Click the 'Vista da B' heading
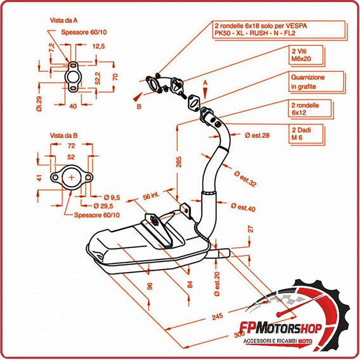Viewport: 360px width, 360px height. (x=64, y=135)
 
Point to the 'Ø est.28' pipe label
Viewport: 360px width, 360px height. (x=257, y=135)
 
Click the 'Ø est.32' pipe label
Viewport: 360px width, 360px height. (x=245, y=178)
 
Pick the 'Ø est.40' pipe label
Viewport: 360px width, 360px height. (x=243, y=207)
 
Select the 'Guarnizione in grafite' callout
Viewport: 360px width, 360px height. (x=307, y=81)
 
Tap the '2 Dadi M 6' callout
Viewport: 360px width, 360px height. (x=301, y=134)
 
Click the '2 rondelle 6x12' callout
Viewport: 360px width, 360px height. (x=305, y=108)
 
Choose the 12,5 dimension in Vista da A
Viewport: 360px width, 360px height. (x=98, y=46)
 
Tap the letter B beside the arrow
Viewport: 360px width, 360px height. (x=139, y=107)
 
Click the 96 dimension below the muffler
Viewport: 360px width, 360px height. (x=150, y=285)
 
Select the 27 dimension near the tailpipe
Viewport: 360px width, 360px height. (x=251, y=229)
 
